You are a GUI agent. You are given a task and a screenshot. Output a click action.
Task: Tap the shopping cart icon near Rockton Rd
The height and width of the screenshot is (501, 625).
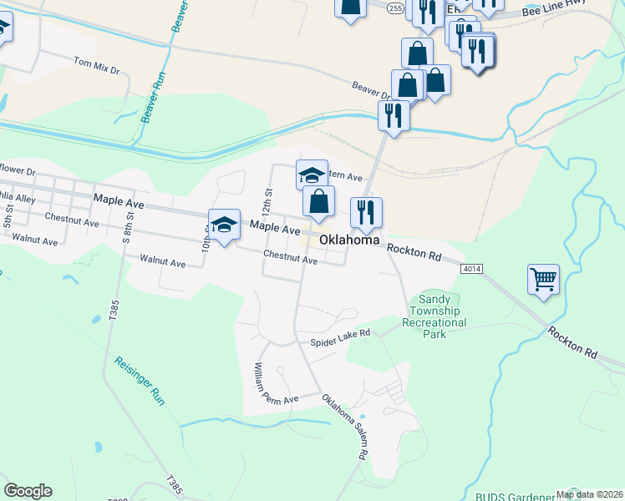pos(543,280)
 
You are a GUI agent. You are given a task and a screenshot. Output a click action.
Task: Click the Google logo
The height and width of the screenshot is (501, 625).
pos(28,491)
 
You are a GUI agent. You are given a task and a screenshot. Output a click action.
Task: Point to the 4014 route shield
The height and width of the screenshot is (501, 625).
pos(470,267)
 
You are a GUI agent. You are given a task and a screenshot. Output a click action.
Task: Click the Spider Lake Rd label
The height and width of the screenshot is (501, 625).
pos(340,337)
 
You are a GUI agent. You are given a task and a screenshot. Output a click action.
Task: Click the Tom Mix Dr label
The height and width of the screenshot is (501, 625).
pos(96,65)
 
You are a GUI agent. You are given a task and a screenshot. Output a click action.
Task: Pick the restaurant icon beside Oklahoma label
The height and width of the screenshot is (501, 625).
pos(365,213)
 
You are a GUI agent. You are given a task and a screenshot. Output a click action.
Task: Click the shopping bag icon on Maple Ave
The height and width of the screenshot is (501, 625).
pos(318,201)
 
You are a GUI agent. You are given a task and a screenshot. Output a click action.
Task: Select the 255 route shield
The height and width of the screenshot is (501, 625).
pos(395,6)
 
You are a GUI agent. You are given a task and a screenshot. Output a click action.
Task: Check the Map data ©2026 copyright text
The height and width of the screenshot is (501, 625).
pos(588,493)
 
